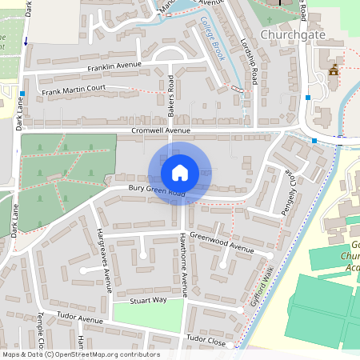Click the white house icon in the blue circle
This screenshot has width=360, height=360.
(x=180, y=173)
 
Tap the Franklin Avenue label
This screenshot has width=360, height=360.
(x=114, y=66)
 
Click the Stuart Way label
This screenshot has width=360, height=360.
(x=149, y=299)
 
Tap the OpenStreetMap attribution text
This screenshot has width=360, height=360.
(x=80, y=354)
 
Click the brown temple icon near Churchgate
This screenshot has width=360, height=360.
(x=333, y=70)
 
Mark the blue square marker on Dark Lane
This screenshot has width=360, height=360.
(x=22, y=94)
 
